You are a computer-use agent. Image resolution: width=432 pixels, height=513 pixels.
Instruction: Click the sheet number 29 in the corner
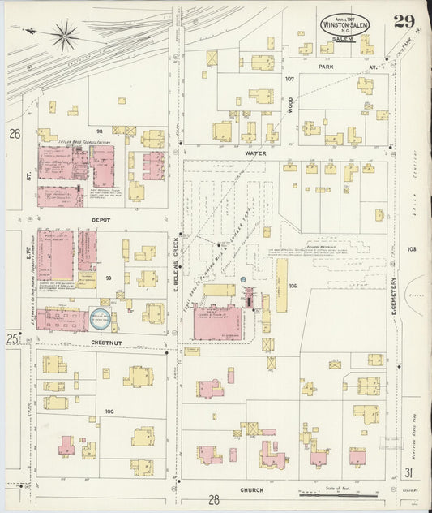[404, 21]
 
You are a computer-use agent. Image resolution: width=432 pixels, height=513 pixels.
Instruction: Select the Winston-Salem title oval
[345, 26]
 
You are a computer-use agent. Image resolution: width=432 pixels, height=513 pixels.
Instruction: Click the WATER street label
[255, 152]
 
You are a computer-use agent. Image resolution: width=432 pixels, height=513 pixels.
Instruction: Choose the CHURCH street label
[252, 490]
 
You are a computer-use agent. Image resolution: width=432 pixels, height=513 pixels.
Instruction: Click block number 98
[100, 131]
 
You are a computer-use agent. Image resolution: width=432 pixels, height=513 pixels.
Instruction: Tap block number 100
[109, 412]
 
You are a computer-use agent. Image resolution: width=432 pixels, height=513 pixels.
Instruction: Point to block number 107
[289, 79]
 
